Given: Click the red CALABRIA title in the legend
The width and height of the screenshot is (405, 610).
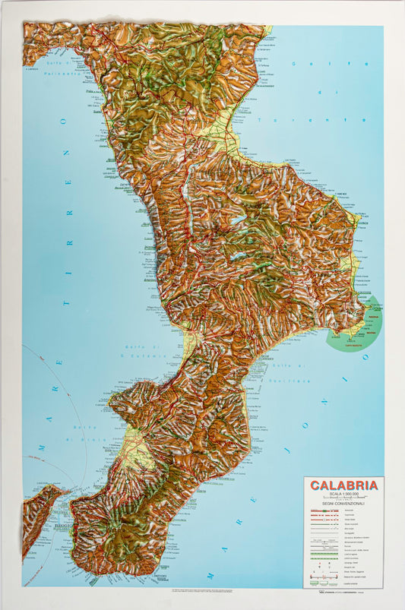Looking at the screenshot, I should click(x=343, y=485).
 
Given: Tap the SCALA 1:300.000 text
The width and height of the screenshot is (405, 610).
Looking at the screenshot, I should click(x=343, y=495).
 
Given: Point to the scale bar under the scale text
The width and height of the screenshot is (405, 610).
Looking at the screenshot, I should click(x=343, y=499).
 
